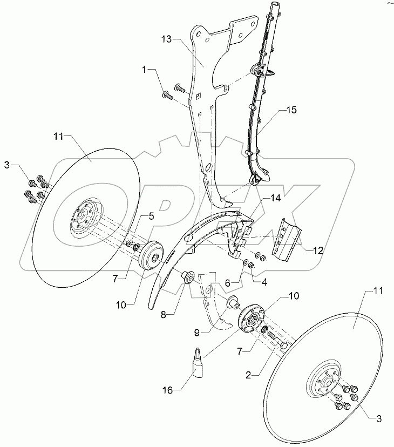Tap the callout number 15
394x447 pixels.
click(292, 111)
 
